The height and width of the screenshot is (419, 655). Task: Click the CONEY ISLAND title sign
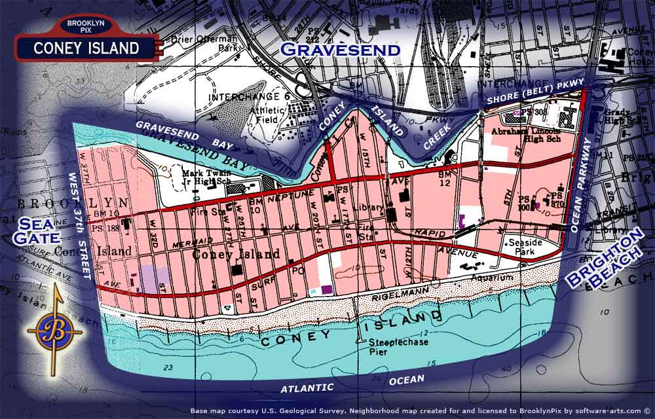[x=86, y=48]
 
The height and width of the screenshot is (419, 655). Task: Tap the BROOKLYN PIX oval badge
[x=86, y=26]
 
